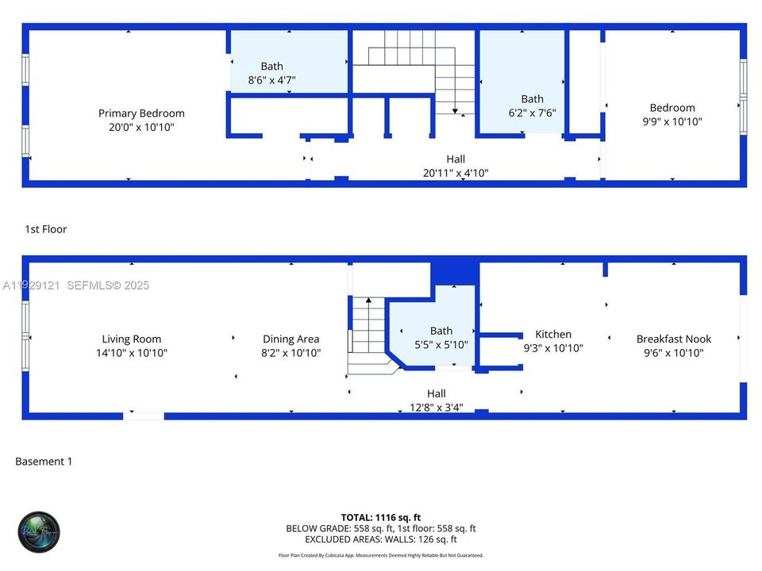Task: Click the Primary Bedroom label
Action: click(141, 113)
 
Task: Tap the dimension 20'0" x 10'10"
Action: click(141, 127)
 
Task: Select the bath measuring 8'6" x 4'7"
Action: click(272, 73)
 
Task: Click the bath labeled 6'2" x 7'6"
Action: click(532, 105)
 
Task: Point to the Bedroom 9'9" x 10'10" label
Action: click(672, 114)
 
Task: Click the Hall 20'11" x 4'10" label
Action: click(456, 166)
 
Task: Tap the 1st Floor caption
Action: click(46, 229)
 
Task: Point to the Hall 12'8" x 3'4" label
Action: click(436, 400)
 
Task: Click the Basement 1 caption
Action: click(44, 461)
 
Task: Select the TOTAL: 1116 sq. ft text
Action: click(380, 515)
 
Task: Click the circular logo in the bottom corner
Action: click(39, 531)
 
